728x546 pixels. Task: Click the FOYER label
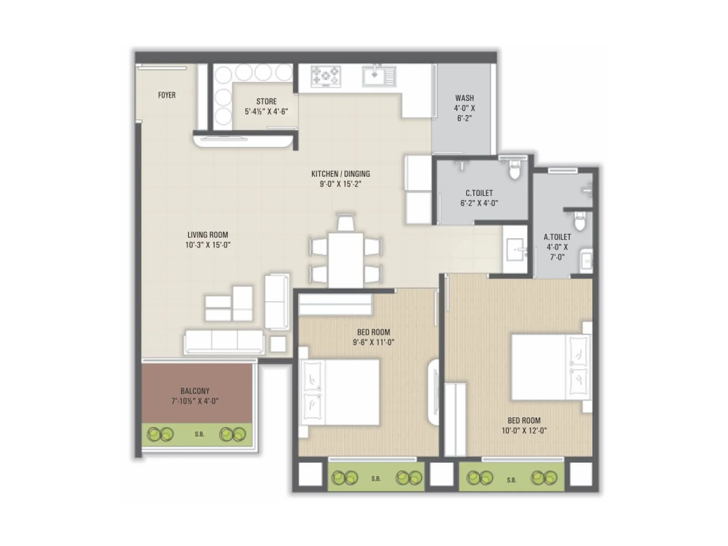pos(167,95)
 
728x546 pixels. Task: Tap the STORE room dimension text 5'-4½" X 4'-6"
pos(266,111)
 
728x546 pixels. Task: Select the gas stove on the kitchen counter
pos(326,76)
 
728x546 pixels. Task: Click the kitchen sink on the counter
pos(379,76)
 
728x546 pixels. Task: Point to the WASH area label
pos(464,98)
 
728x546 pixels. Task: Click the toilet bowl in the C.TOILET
pos(514,170)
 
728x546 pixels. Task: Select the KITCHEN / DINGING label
pos(340,174)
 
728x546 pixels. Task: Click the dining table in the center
pos(346,259)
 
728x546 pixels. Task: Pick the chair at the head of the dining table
pos(346,223)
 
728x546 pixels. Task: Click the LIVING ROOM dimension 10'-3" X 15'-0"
pos(207,245)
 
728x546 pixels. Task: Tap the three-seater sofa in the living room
pos(224,341)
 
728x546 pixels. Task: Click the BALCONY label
pos(195,391)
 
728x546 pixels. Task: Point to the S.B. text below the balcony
pos(199,435)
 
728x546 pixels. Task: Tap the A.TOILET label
pos(557,237)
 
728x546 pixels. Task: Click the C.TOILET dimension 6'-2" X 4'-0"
pos(479,203)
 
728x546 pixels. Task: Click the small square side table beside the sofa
pos(278,344)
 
